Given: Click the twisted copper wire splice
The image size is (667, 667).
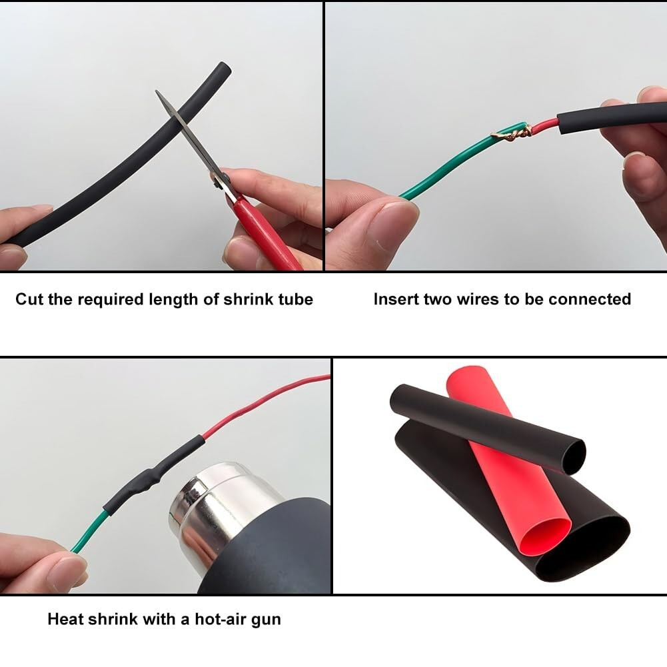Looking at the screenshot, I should coord(513,133).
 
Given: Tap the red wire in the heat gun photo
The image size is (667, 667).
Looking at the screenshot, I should coord(267,400).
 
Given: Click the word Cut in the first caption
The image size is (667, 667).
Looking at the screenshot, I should coord(29,299).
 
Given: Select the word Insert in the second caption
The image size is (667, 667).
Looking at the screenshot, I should coord(396,299).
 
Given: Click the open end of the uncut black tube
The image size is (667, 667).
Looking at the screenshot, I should coord(223,69).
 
